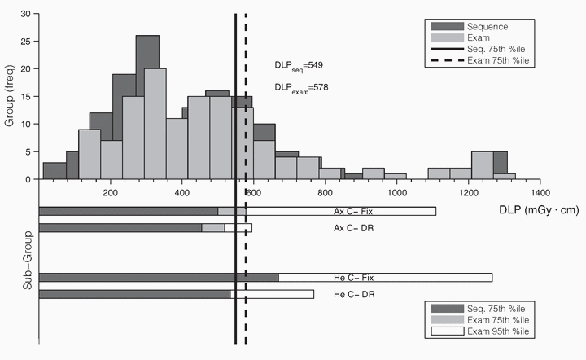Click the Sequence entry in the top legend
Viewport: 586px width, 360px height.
(505, 25)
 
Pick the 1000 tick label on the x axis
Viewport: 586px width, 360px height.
(396, 193)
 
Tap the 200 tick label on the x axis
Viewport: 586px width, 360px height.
(111, 193)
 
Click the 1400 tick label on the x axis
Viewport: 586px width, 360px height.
(540, 193)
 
